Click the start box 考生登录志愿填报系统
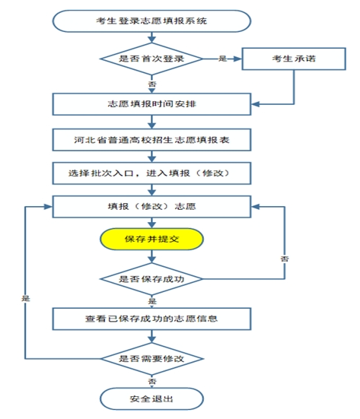pos(151,21)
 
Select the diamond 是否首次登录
pos(151,59)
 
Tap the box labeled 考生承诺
pos(294,59)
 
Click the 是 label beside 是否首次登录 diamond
pos(222,59)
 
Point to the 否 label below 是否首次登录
pos(152,84)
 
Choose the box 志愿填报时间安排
pos(151,104)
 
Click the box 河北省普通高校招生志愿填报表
pos(151,140)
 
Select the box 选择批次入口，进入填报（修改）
pos(151,173)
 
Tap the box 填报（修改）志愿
pos(151,207)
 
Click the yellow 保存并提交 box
pos(151,240)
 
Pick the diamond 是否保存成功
pos(151,279)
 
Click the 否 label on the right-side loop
pos(285,259)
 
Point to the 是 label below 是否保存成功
pos(152,301)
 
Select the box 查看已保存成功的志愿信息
pos(151,319)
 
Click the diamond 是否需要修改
pos(151,359)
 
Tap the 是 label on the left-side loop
pos(26,298)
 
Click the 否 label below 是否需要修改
pos(152,381)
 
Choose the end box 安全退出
pos(151,399)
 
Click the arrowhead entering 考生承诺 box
pos(238,59)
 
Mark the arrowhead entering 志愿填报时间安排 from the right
pos(256,104)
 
